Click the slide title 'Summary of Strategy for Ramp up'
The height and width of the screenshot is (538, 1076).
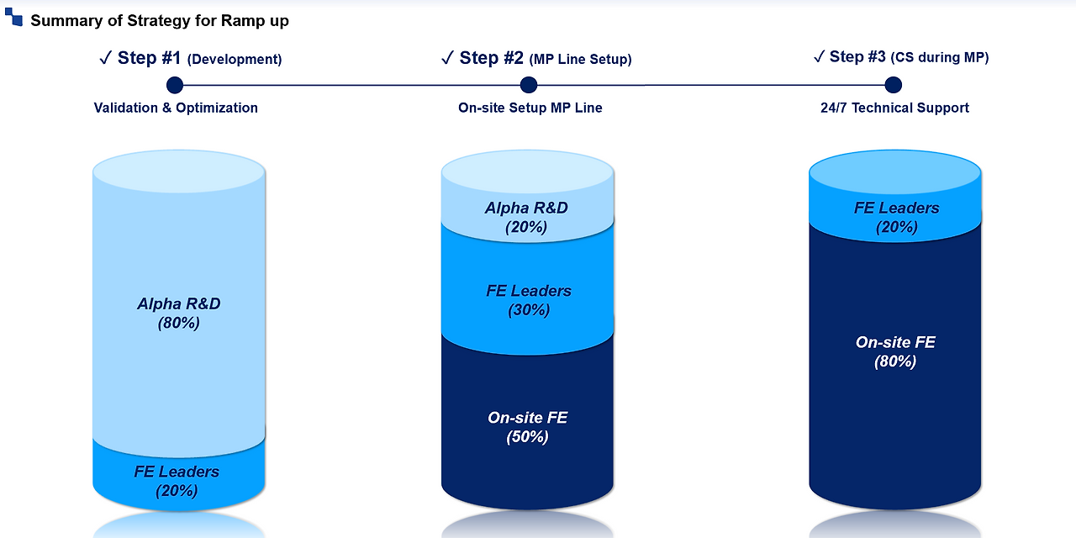click(x=160, y=21)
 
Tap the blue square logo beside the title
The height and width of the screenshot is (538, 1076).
click(x=13, y=17)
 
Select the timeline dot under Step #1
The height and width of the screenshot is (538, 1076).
click(x=175, y=85)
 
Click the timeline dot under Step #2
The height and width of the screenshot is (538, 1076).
click(x=529, y=85)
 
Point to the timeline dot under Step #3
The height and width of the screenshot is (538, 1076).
click(x=894, y=85)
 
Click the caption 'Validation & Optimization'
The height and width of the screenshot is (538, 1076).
click(x=176, y=108)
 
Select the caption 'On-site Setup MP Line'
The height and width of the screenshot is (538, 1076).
click(x=530, y=108)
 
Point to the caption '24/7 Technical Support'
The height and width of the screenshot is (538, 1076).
click(x=894, y=108)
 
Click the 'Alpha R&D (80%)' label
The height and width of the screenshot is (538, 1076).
click(x=179, y=313)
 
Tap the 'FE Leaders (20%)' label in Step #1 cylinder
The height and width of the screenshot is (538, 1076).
click(x=177, y=481)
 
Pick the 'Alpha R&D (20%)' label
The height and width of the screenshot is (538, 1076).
click(x=526, y=217)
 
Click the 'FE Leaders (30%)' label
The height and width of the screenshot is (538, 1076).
click(x=529, y=300)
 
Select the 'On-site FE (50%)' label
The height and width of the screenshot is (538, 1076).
click(x=528, y=427)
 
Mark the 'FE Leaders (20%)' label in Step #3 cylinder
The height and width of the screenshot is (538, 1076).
click(x=897, y=217)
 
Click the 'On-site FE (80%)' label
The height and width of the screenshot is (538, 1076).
click(x=895, y=351)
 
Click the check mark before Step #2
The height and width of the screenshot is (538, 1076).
click(x=448, y=58)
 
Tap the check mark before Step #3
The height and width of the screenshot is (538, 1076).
click(x=819, y=56)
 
